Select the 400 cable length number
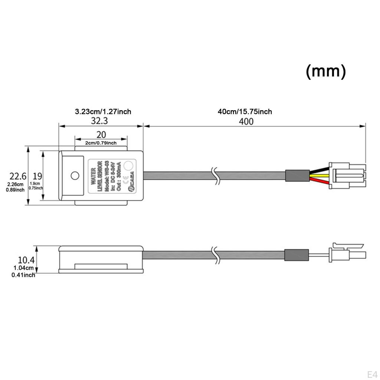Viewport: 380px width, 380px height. click(246, 121)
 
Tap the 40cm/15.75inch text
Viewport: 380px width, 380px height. click(245, 111)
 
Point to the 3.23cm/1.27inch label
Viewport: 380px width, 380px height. click(103, 111)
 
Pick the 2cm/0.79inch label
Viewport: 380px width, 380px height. click(101, 143)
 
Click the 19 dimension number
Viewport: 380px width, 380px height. click(37, 176)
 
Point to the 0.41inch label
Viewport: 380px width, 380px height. click(23, 275)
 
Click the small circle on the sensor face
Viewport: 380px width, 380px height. click(75, 175)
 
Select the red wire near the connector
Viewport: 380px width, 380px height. click(319, 181)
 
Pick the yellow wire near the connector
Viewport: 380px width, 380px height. click(319, 175)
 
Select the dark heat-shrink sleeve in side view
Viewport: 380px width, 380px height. click(296, 255)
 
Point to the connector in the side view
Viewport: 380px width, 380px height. click(347, 252)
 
